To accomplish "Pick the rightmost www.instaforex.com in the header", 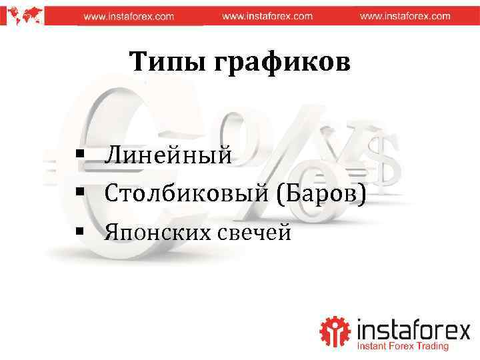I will point(405,16).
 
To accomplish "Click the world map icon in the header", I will point(23,13).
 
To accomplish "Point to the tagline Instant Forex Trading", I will point(403,347).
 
